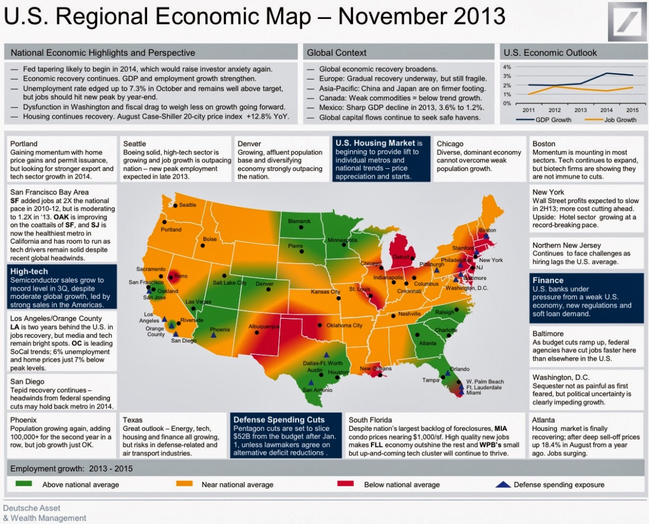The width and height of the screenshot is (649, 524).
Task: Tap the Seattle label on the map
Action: click(187, 205)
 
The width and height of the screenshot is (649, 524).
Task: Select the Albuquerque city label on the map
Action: click(263, 327)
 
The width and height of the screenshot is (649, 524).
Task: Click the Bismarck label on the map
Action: click(299, 221)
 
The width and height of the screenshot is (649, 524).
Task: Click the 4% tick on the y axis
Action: click(507, 67)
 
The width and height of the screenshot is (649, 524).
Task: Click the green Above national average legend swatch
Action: click(24, 484)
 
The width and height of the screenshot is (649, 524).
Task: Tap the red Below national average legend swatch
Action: click(346, 484)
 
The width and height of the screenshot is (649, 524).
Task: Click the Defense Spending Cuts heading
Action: click(278, 420)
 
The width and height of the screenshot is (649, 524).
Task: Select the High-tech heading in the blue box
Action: click(29, 271)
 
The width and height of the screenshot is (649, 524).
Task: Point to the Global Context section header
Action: click(336, 53)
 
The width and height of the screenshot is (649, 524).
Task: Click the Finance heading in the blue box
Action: click(548, 280)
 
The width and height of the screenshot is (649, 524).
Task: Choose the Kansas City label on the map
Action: click(325, 292)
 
